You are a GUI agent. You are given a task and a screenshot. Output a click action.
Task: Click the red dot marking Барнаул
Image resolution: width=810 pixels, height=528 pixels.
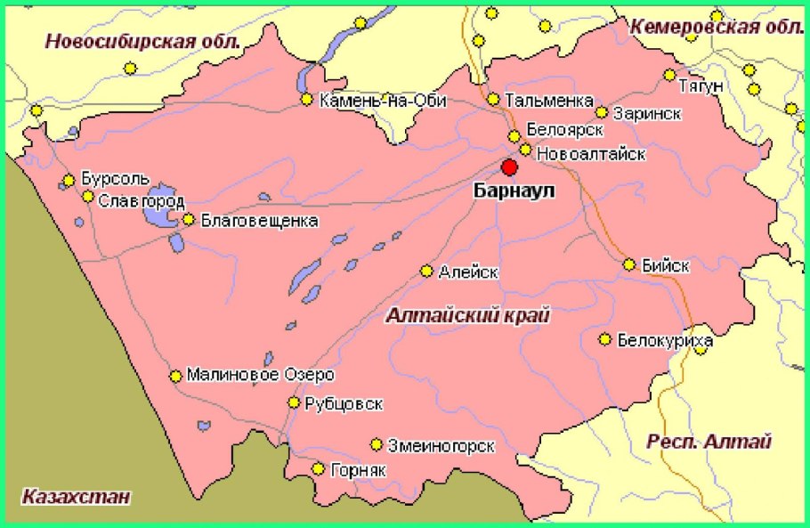tap(509, 167)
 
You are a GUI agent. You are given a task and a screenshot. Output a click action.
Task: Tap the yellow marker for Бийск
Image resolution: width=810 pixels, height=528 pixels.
tap(629, 264)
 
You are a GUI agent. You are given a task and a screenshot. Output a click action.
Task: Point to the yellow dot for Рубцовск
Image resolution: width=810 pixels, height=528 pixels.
tap(294, 403)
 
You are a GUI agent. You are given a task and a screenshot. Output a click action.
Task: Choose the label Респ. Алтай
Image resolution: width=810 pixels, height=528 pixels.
tap(709, 442)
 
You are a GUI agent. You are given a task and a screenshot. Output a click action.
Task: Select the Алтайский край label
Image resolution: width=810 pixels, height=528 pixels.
tap(469, 315)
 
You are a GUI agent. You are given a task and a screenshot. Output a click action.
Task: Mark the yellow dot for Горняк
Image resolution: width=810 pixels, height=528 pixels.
tap(318, 468)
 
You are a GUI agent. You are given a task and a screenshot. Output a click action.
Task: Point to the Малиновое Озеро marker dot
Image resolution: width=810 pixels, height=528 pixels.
tap(175, 376)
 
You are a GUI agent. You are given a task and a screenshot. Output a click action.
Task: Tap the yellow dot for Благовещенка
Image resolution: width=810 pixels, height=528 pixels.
tap(189, 219)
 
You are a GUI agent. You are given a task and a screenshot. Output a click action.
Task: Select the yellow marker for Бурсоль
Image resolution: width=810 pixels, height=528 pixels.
tap(69, 181)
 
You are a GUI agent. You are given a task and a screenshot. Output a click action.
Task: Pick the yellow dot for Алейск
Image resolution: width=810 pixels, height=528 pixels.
tap(427, 271)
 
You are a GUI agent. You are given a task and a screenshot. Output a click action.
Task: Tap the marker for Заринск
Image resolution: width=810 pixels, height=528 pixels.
tap(602, 112)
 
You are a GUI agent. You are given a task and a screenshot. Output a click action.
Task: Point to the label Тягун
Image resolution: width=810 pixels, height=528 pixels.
tap(703, 85)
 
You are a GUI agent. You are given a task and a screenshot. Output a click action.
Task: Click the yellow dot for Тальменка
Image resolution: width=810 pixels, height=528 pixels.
tap(493, 99)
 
